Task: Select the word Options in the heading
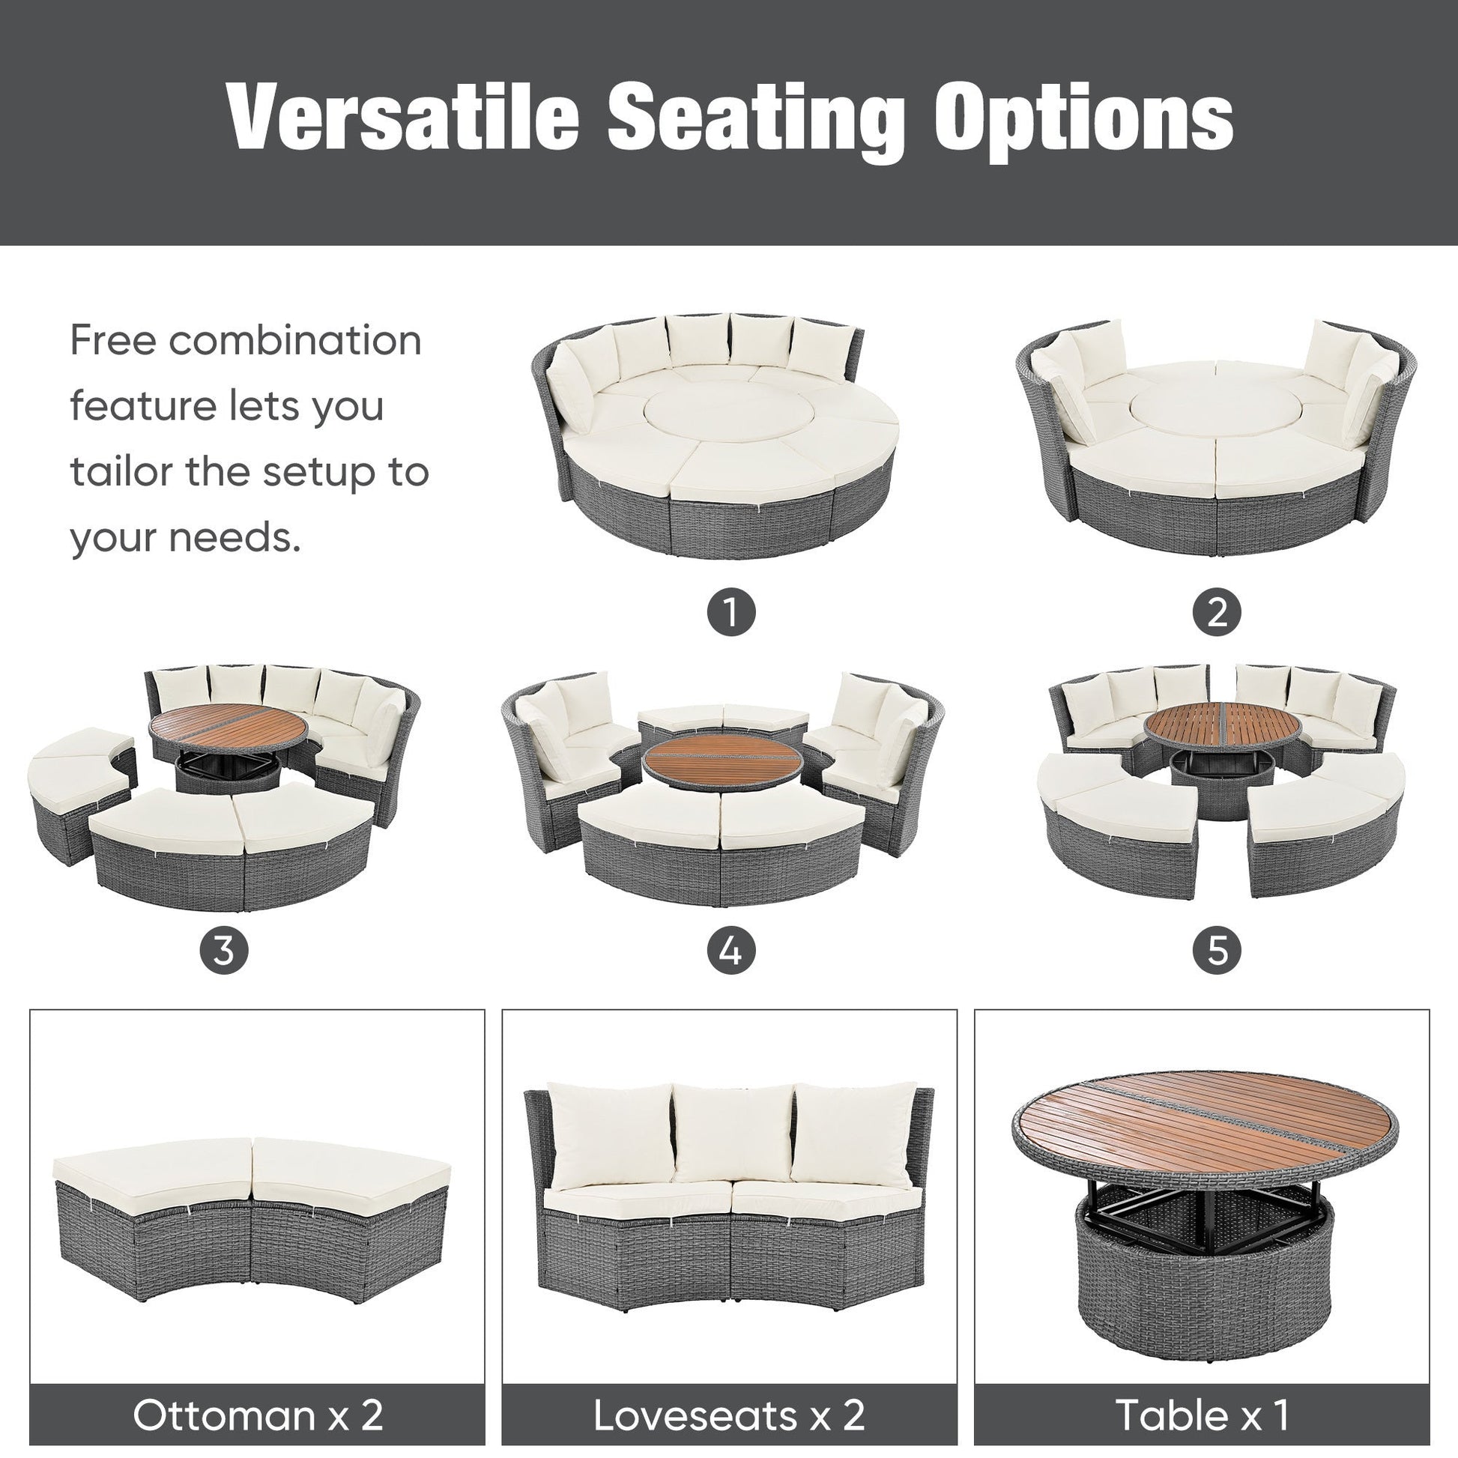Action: [1083, 117]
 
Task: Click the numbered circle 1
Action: [730, 612]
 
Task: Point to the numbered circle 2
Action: [1217, 612]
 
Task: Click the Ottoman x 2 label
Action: [257, 1415]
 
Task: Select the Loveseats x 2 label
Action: [729, 1415]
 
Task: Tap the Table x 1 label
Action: [1202, 1415]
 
